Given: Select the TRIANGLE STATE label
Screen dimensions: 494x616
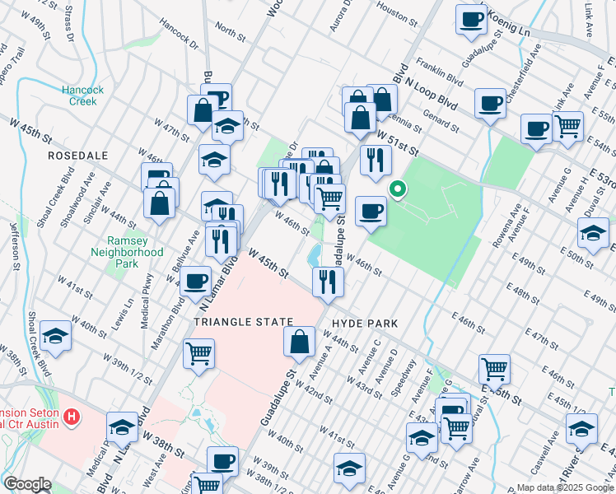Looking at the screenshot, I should (x=243, y=321).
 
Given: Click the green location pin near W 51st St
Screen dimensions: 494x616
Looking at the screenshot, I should (x=397, y=190).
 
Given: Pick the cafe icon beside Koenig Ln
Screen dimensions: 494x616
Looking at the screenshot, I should (x=472, y=20).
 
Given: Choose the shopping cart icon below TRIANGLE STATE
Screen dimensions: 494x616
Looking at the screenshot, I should (x=199, y=353).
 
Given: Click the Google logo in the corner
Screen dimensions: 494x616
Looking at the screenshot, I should (x=27, y=484).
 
